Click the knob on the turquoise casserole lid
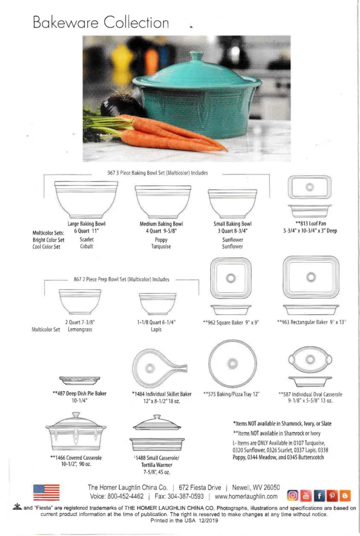(197, 56)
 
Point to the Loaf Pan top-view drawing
(310, 187)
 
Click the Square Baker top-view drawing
(230, 278)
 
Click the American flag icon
(46, 492)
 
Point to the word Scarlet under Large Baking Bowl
(87, 239)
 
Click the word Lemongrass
(80, 330)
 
